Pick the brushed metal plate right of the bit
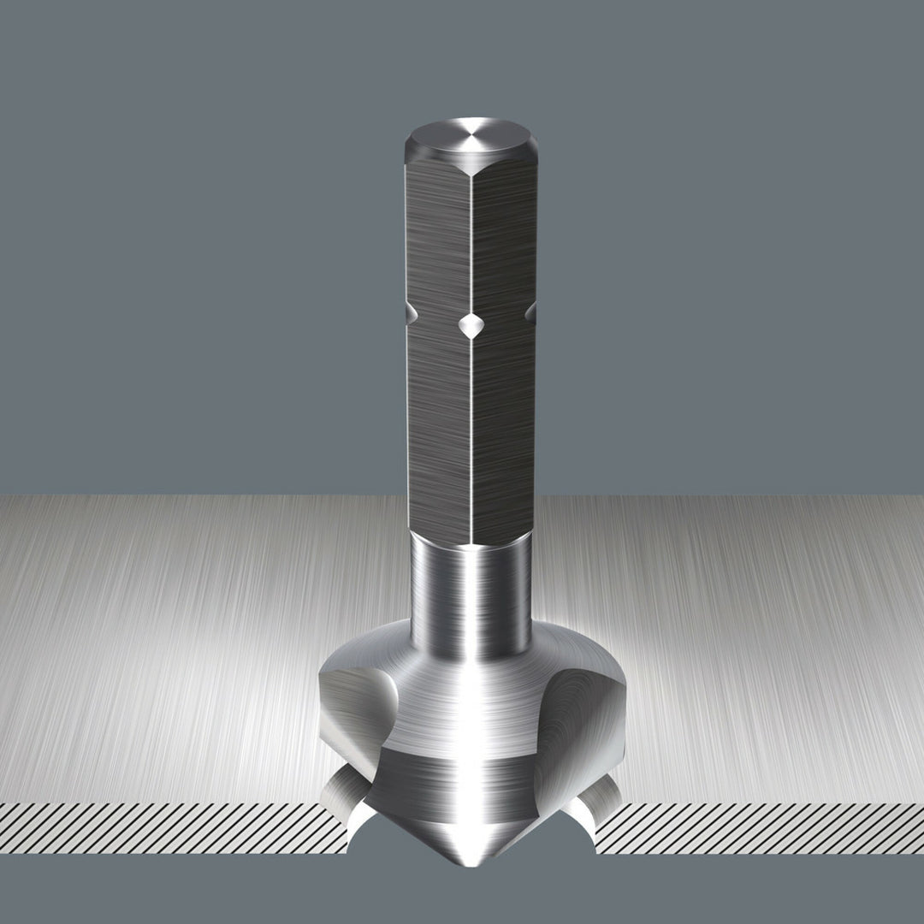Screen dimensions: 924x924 pyautogui.click(x=753, y=650)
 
